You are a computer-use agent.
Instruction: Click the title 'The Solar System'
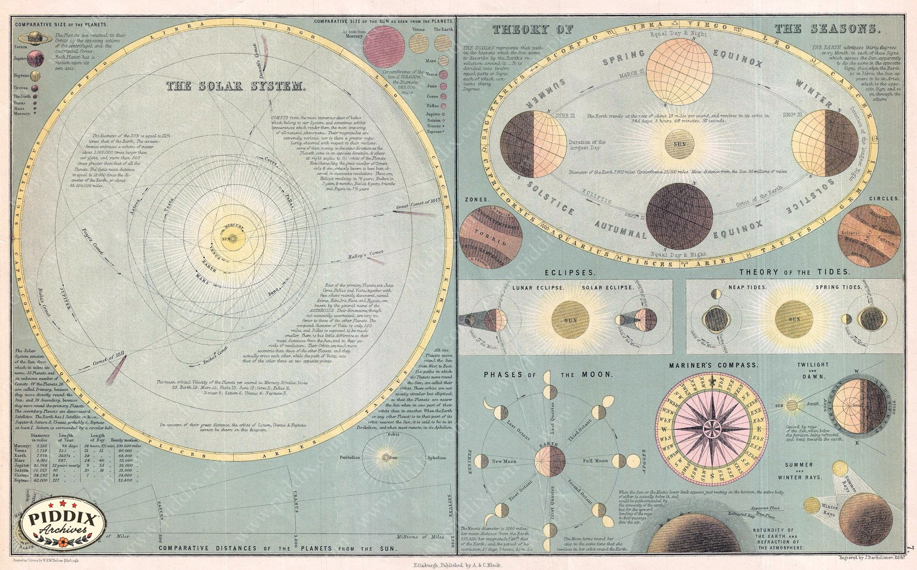[236, 87]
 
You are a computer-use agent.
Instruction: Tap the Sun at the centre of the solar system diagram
[230, 239]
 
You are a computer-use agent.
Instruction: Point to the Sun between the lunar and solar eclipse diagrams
[570, 320]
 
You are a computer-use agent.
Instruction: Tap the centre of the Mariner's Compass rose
[714, 427]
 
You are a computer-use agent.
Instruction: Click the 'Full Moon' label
[595, 461]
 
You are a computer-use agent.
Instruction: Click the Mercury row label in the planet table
[22, 446]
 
